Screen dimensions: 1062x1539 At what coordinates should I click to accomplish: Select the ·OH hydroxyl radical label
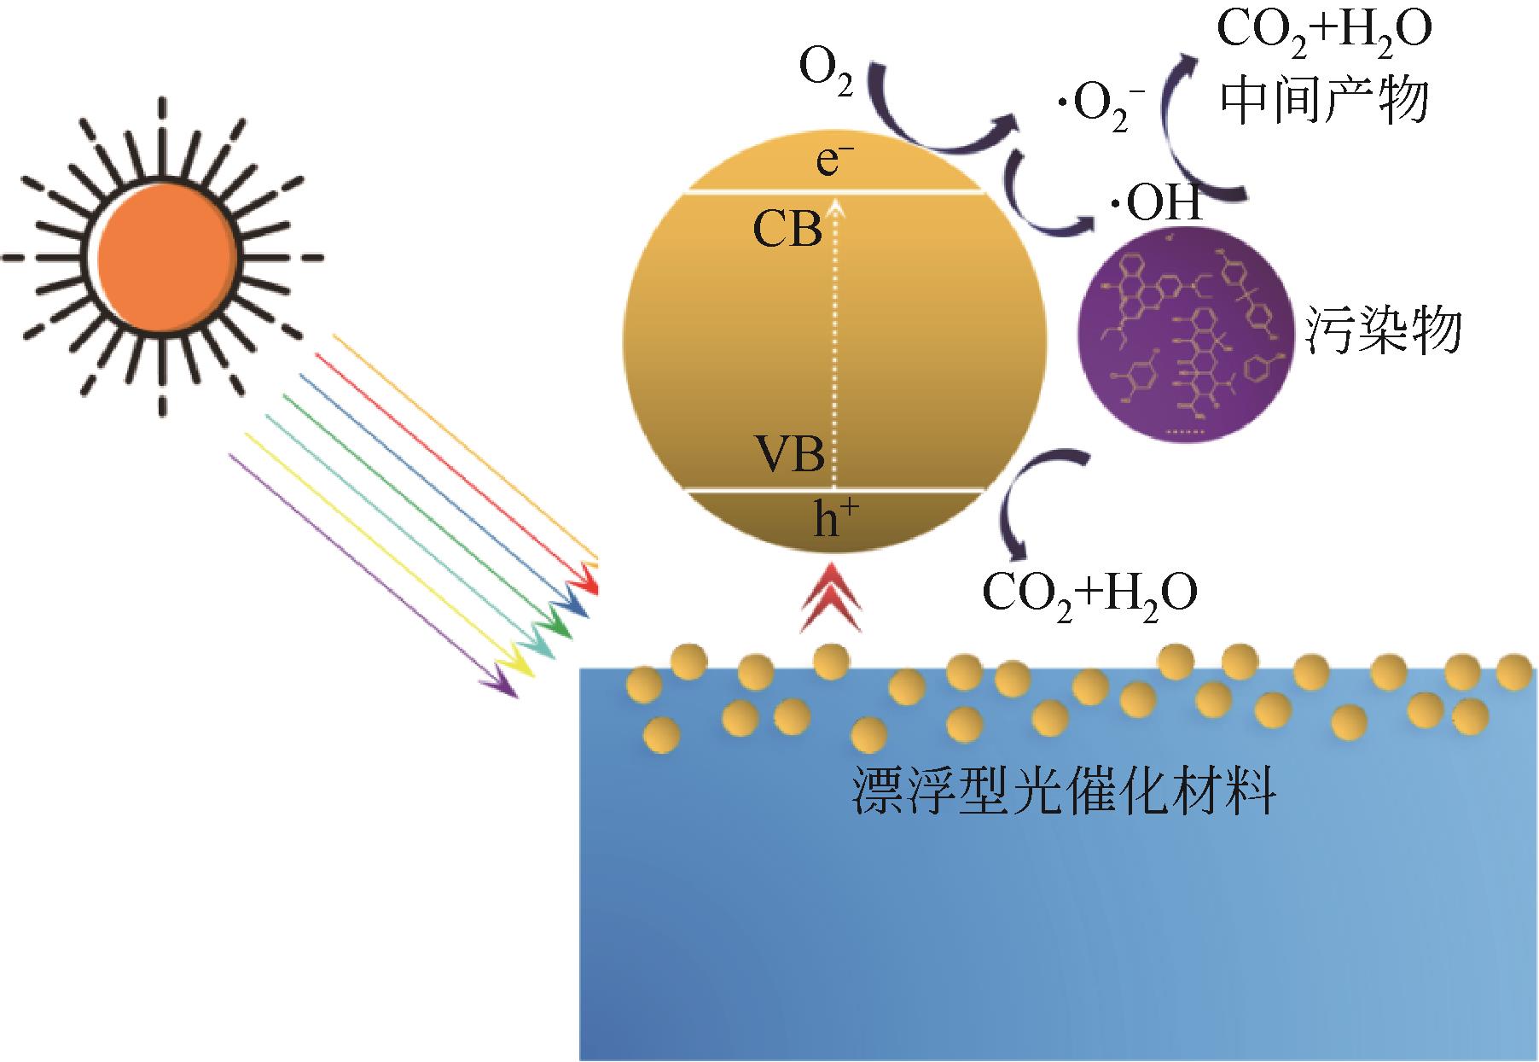[x=1156, y=205]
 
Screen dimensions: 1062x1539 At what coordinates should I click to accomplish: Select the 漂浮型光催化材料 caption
[x=1063, y=793]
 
